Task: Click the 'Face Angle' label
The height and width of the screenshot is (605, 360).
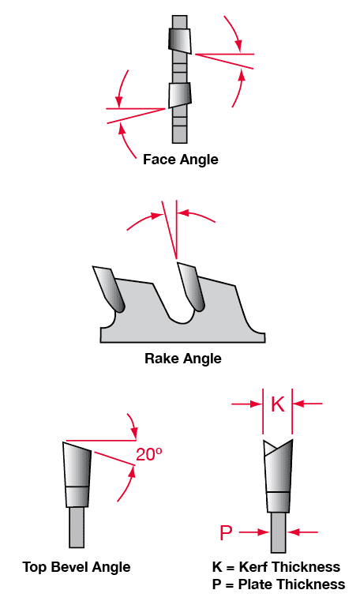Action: (180, 160)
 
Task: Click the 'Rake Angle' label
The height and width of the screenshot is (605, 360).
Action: (183, 359)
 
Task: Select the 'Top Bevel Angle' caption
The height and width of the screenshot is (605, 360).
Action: (77, 567)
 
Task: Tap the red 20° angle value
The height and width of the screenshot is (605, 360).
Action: (149, 455)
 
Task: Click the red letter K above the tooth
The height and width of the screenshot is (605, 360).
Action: (278, 404)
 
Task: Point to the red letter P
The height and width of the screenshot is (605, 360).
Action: (226, 532)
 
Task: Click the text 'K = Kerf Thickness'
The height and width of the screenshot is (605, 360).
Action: (276, 567)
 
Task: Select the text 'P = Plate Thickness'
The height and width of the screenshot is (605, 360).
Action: (279, 584)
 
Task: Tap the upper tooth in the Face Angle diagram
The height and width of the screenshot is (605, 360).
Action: (179, 39)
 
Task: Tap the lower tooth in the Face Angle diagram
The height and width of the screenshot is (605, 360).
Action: (179, 96)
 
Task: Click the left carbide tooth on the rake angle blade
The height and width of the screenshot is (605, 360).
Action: (109, 289)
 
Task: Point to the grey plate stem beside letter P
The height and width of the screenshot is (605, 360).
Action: (278, 532)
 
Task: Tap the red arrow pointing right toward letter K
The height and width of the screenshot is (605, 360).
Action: (246, 404)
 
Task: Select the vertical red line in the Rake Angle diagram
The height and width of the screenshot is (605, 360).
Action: (176, 233)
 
